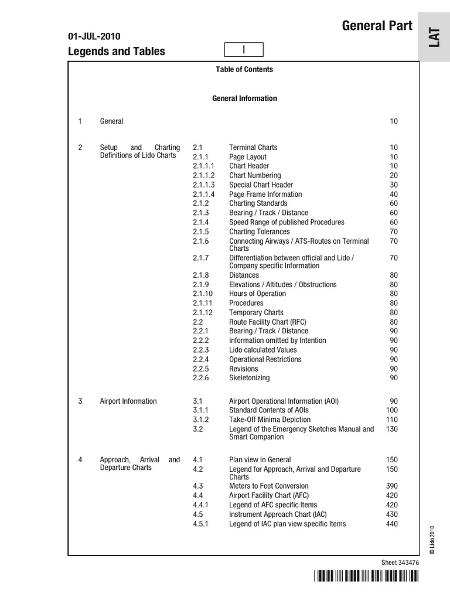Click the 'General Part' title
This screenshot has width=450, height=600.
click(377, 26)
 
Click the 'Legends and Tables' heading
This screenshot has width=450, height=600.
click(117, 52)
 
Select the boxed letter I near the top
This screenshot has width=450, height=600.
click(244, 50)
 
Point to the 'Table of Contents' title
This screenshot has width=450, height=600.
click(244, 69)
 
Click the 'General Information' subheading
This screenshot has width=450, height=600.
click(244, 98)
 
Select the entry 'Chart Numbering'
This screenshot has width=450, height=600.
click(255, 175)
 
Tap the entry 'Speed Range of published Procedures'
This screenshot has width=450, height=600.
click(287, 222)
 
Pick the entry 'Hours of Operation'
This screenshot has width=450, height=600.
click(257, 294)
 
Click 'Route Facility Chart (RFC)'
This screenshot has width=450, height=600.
click(267, 322)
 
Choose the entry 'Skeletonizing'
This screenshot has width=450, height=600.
click(249, 378)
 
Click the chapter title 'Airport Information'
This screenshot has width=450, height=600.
click(128, 401)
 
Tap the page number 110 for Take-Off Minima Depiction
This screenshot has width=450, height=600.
click(391, 420)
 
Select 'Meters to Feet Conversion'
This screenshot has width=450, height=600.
click(268, 486)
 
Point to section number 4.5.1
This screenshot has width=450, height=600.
click(201, 524)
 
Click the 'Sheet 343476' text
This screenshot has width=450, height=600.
click(400, 562)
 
